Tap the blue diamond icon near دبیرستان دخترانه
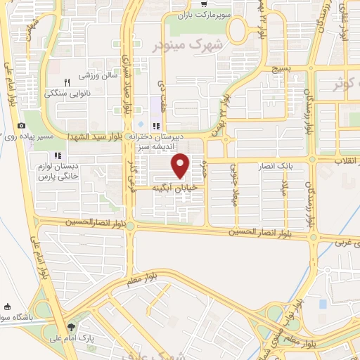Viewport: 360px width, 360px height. pyautogui.click(x=141, y=124)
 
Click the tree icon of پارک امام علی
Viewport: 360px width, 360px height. pyautogui.click(x=71, y=328)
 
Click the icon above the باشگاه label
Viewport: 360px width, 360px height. pyautogui.click(x=8, y=307)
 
